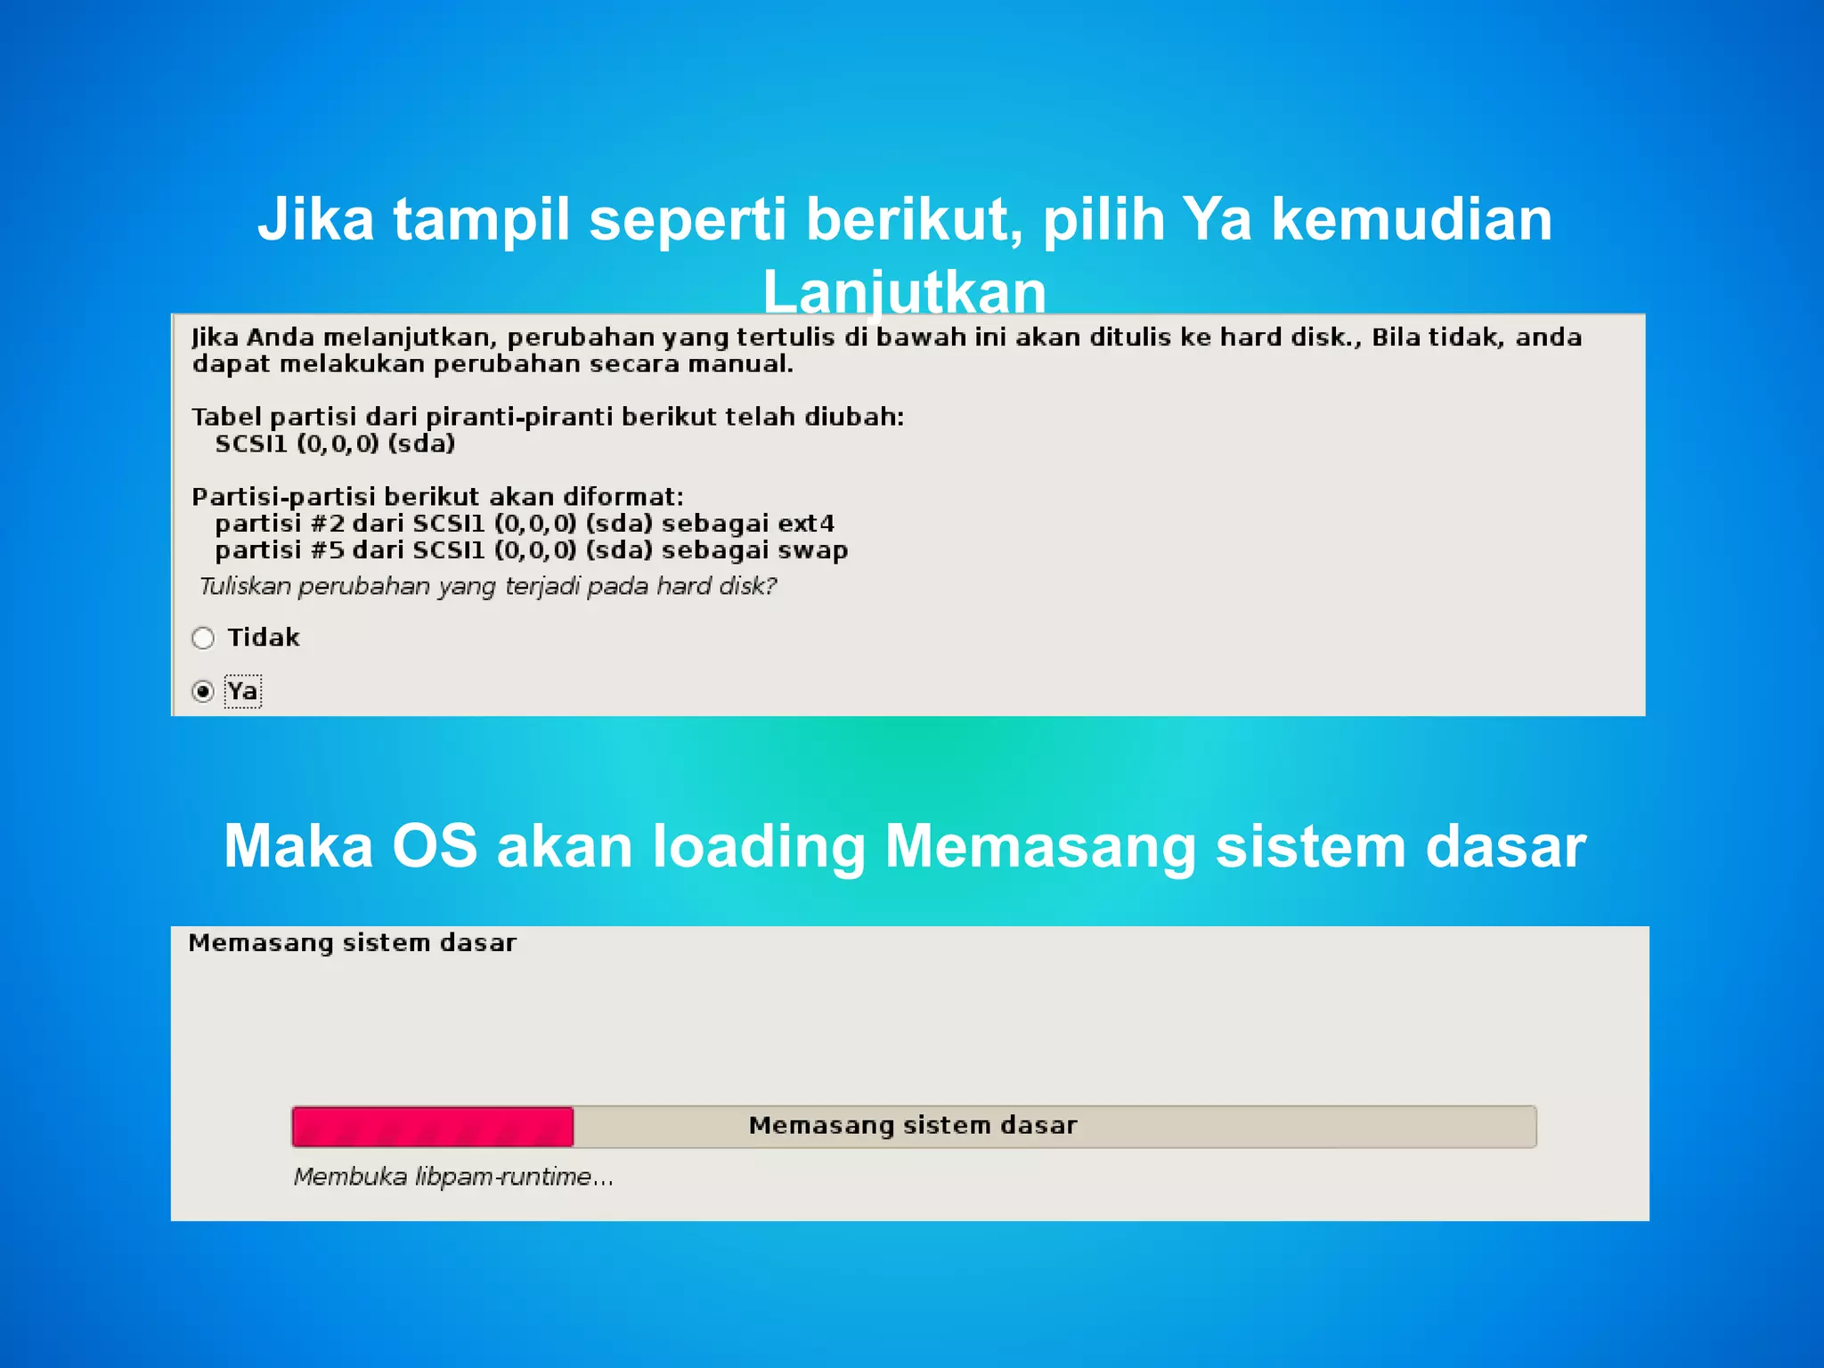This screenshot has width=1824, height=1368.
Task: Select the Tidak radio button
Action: pos(203,638)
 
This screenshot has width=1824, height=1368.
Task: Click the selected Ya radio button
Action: pos(203,691)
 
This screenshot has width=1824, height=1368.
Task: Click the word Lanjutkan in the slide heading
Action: pos(904,292)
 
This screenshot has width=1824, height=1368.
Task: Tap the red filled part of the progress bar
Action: pos(433,1127)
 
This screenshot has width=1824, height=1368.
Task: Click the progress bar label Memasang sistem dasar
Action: pos(913,1126)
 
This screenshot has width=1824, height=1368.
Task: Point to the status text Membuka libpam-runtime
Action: pos(453,1177)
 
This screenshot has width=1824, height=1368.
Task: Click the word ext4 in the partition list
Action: pos(806,524)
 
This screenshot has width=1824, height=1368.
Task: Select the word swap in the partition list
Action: pos(812,550)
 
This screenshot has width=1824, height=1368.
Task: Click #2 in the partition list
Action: pos(327,524)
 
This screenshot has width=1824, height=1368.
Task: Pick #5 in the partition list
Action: pos(327,550)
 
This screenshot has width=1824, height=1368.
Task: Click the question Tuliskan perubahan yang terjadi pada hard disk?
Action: pos(488,586)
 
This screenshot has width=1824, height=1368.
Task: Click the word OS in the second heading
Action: pos(435,846)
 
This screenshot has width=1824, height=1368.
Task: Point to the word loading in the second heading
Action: pos(759,846)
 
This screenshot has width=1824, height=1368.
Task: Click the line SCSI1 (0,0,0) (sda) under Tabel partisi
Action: pos(335,444)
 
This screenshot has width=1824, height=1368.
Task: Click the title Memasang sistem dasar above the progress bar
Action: pos(352,943)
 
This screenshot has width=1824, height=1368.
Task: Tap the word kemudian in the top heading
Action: pos(1412,219)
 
